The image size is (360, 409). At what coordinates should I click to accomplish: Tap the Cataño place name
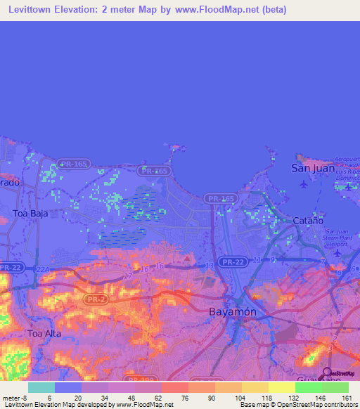coord(307,220)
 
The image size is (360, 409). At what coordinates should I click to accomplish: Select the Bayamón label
coord(230,310)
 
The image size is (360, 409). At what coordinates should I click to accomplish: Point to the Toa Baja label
coord(30,213)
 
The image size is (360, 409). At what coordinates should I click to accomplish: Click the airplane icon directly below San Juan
coord(303,184)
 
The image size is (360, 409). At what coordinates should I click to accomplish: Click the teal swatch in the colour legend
coord(41,387)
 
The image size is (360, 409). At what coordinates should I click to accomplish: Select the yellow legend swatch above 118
coord(255,387)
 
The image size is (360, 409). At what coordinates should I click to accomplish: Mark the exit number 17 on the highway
coord(128,277)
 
